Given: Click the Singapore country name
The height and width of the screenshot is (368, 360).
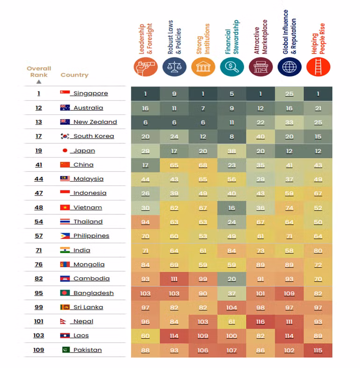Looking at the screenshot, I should (x=91, y=93).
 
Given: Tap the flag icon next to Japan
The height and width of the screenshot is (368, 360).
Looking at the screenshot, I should (x=65, y=150).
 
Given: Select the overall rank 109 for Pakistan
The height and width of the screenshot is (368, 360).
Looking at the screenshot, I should (x=38, y=350).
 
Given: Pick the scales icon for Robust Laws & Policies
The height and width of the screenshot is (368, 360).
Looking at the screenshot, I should (x=174, y=67).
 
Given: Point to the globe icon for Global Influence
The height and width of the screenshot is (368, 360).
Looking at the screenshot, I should (x=289, y=67).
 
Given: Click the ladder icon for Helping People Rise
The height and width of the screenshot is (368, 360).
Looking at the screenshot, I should (x=318, y=67).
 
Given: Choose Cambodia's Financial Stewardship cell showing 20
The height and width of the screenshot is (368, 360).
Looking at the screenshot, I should (x=232, y=279).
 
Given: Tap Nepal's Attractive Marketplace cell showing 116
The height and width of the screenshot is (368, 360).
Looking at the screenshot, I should (x=260, y=321).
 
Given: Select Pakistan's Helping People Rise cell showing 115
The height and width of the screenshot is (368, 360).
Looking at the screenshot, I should (x=318, y=350).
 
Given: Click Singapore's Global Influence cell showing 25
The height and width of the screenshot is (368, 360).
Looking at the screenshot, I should (x=289, y=94).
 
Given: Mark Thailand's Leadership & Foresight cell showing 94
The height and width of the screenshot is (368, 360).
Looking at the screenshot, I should (x=145, y=222).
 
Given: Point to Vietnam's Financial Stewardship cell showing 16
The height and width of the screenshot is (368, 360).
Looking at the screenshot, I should (x=232, y=207).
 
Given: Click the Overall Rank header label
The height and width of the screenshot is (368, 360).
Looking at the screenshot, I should (x=39, y=71).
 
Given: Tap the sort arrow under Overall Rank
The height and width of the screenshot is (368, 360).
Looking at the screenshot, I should (x=39, y=81).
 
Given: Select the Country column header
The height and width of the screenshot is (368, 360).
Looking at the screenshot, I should (x=74, y=75).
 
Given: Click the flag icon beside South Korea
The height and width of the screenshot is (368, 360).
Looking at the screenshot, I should (x=65, y=136).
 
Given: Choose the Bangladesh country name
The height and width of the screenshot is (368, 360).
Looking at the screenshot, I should (x=94, y=293).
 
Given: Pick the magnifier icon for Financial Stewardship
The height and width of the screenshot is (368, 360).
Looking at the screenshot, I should (x=232, y=67).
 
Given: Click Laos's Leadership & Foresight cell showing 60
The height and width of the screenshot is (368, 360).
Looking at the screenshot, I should (x=145, y=335).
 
